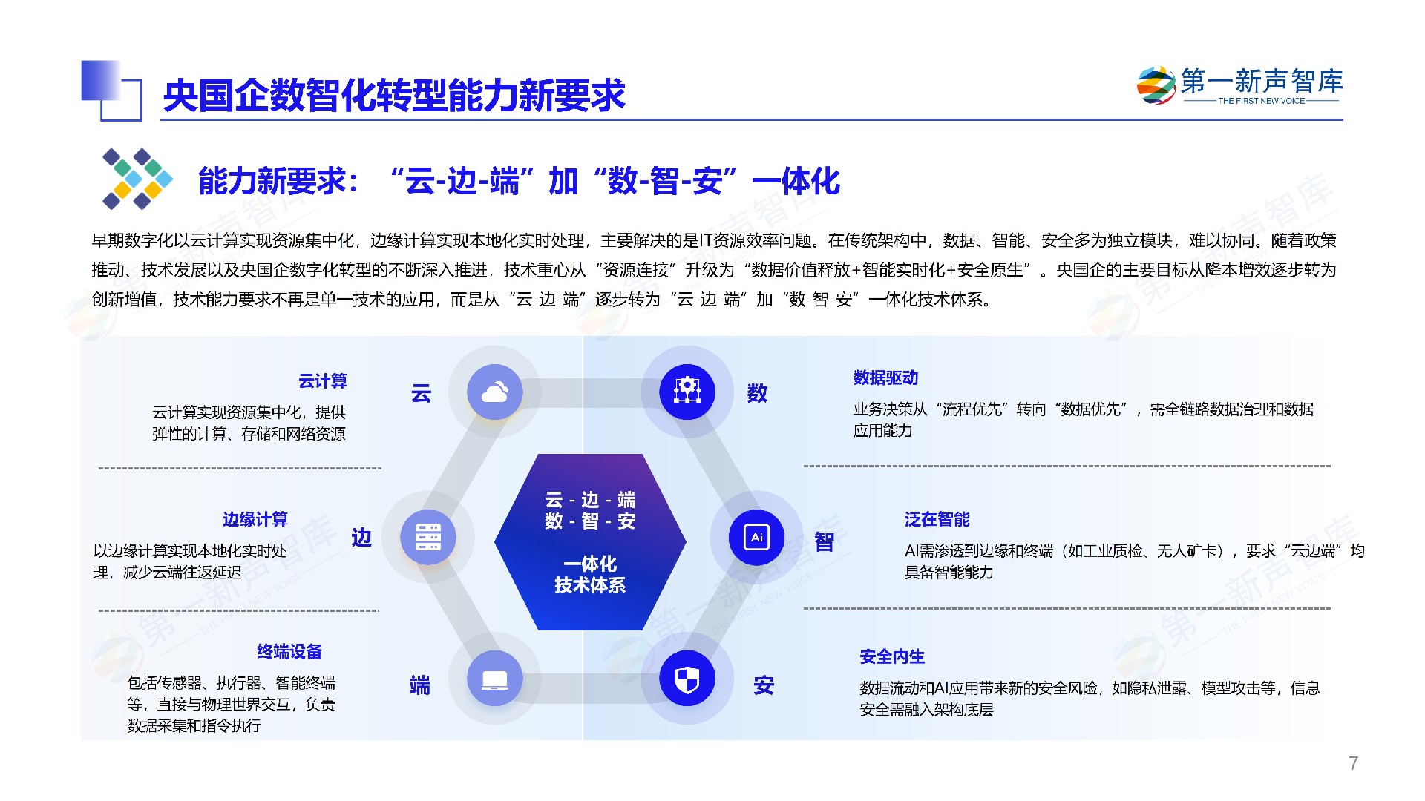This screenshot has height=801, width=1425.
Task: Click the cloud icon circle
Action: (494, 392)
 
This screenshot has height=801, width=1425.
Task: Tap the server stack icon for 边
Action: (428, 537)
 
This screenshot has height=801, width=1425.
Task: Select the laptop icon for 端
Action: (494, 679)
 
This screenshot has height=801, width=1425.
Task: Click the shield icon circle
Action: (687, 679)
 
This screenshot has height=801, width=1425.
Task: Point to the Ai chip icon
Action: (757, 537)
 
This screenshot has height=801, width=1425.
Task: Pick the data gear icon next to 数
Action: (687, 392)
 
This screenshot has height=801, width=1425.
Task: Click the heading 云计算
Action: (323, 381)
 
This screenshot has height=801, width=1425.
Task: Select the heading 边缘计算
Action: (255, 519)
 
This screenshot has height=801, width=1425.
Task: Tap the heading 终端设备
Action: (289, 652)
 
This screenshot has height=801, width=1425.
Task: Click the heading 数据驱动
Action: (885, 378)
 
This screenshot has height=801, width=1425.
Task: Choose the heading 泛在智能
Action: (937, 520)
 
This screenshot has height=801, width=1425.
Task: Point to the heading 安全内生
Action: (892, 657)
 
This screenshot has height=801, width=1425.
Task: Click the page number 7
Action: (1354, 763)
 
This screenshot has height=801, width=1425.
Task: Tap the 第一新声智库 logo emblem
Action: (1156, 86)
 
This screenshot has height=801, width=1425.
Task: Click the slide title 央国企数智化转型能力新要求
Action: (394, 96)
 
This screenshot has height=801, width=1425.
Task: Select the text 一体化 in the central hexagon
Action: (590, 564)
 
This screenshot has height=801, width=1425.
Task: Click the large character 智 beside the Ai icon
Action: (824, 542)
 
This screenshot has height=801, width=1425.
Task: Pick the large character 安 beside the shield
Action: (764, 685)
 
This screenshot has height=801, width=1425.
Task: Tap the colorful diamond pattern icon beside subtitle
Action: (137, 179)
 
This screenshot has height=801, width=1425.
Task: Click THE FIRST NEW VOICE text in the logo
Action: (1262, 101)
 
